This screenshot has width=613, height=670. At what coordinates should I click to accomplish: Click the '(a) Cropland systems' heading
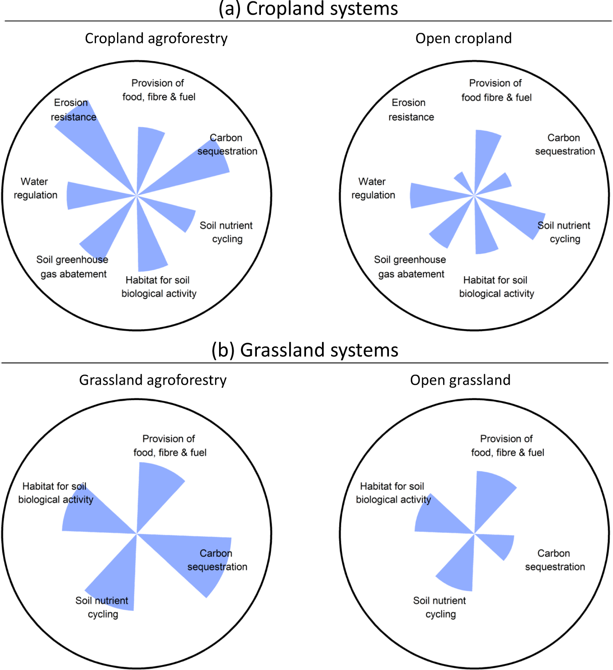[x=308, y=9]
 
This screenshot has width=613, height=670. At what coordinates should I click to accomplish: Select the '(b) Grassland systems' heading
[x=305, y=350]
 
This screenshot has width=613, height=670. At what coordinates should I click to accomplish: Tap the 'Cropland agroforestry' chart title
[x=156, y=38]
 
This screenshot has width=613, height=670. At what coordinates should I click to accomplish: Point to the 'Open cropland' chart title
[x=463, y=38]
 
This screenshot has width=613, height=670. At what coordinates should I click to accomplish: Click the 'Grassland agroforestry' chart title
[x=153, y=380]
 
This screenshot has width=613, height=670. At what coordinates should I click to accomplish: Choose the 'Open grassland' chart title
[x=460, y=380]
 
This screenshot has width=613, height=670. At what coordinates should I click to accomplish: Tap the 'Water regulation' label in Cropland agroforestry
[x=35, y=188]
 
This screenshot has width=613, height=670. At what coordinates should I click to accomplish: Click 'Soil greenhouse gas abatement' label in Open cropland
[x=410, y=267]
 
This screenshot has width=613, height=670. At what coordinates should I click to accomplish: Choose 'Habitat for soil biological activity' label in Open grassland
[x=393, y=493]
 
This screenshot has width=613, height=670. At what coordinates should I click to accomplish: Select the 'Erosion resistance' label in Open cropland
[x=410, y=110]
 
